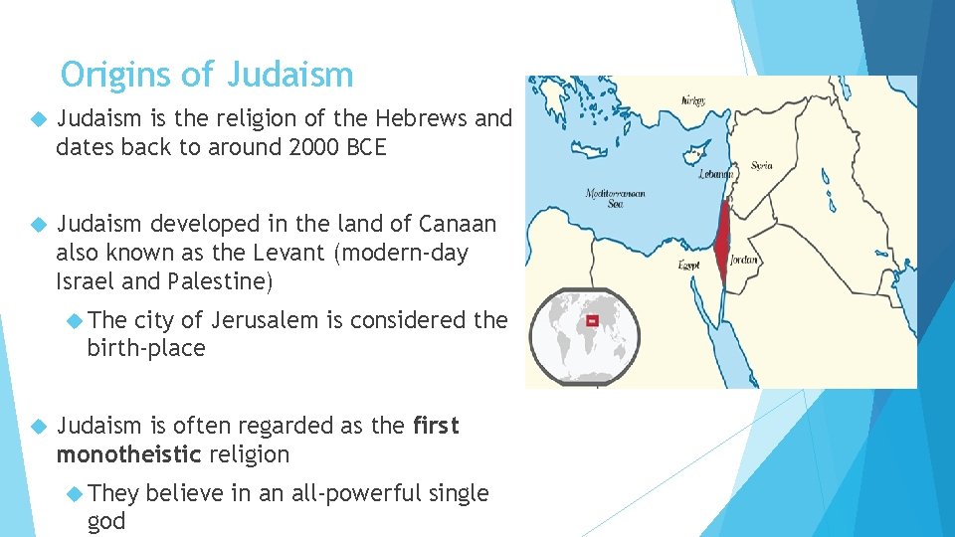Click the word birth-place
[x=146, y=349]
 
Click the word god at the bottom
[x=106, y=522]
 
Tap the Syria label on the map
[x=761, y=165]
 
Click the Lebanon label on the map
[x=714, y=173]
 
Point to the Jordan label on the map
[x=744, y=260]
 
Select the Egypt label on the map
[x=688, y=266]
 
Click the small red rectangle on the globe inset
[x=592, y=321]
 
